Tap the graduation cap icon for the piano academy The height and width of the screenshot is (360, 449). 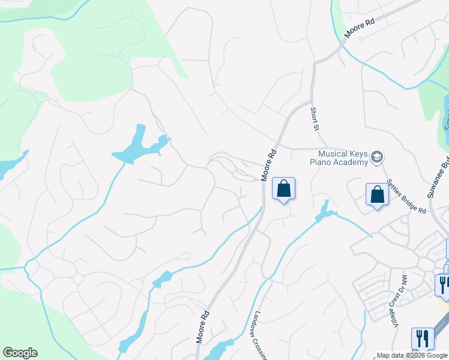[377, 157]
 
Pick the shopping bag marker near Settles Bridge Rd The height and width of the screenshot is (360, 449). [377, 194]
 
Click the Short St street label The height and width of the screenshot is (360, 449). [314, 119]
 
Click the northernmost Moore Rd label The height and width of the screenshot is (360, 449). [359, 29]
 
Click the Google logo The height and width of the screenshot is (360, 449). [20, 353]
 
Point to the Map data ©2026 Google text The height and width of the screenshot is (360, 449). [412, 355]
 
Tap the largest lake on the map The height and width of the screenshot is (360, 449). [139, 147]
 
